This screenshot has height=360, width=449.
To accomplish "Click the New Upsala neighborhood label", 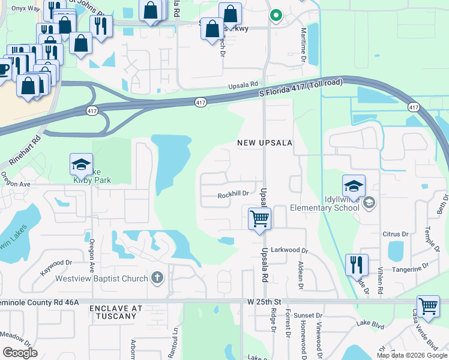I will point(264,143).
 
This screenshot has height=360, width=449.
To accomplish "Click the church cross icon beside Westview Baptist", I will point(157,277).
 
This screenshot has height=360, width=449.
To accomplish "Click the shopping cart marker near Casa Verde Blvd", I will point(427,306).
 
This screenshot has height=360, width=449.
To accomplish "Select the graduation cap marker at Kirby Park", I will point(82,164).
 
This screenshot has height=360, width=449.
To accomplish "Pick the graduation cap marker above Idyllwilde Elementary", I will point(354,185).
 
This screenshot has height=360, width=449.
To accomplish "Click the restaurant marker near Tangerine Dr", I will point(357,263).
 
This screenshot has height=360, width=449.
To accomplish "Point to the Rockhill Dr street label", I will point(233,194).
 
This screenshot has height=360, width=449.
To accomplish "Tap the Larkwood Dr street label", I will point(289,250).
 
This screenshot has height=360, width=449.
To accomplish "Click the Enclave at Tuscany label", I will point(116,312).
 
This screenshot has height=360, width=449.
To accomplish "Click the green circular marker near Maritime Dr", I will point(276,16).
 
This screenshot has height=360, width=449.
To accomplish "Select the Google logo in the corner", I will point(20,352).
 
